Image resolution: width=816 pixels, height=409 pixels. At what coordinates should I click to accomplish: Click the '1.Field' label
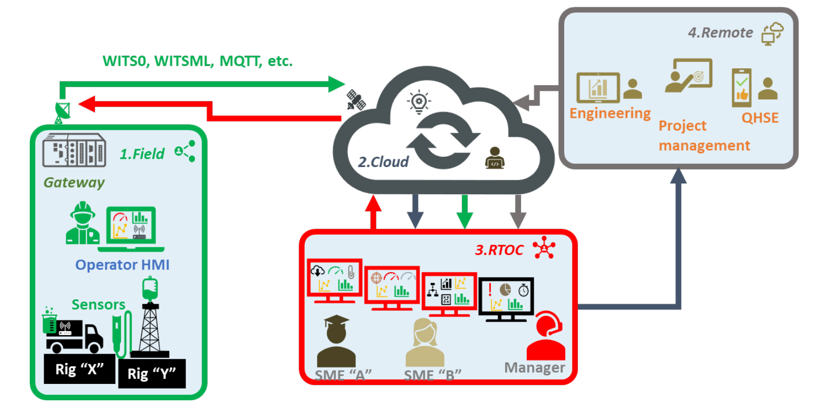tap(142, 154)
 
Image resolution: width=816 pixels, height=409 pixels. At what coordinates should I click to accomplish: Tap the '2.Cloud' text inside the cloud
tap(383, 162)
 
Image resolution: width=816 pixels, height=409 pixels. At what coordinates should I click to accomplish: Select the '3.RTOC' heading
tap(499, 250)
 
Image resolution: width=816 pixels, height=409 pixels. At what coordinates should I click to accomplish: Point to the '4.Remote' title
tap(720, 33)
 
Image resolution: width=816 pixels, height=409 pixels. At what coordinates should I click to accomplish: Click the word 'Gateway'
tap(74, 182)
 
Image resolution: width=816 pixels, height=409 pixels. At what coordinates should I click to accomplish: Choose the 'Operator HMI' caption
tap(122, 265)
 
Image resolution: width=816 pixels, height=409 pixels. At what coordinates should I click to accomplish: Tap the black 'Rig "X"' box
tap(79, 369)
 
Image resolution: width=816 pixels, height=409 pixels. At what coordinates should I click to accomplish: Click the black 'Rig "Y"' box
tap(151, 374)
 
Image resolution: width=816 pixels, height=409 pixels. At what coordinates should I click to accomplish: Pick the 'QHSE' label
tap(760, 118)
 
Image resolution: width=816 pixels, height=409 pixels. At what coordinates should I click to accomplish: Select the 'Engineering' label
tap(610, 113)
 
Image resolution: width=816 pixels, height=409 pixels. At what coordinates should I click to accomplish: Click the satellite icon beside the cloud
tap(355, 100)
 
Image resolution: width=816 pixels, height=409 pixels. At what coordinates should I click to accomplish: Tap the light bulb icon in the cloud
tap(419, 101)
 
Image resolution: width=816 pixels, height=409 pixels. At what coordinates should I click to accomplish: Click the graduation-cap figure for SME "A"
tap(336, 341)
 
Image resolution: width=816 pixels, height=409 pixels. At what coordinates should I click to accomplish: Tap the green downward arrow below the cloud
tap(465, 211)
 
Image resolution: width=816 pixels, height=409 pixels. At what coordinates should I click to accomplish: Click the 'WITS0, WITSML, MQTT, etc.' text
tap(197, 61)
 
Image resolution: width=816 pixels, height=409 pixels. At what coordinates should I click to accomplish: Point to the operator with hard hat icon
tap(83, 223)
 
